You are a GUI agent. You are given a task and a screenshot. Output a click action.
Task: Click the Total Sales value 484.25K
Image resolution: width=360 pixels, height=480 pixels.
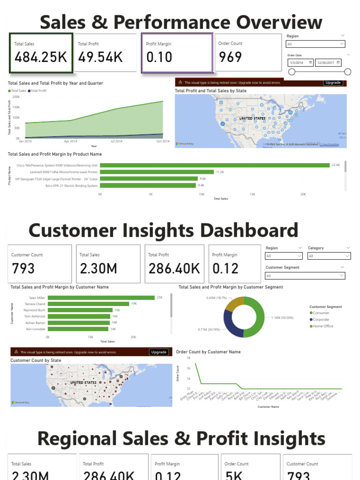[41, 57]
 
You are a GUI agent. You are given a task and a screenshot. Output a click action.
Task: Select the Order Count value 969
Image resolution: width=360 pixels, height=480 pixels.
[230, 57]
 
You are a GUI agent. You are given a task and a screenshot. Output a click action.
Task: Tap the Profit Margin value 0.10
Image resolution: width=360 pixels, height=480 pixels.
[159, 57]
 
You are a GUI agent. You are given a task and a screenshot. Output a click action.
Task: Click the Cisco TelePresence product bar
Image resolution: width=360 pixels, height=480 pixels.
[215, 165]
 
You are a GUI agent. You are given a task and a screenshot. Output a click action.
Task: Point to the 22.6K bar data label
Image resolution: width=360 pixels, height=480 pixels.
[336, 165]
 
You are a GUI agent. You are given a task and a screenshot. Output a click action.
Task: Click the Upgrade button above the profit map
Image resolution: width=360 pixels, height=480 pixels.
[333, 82]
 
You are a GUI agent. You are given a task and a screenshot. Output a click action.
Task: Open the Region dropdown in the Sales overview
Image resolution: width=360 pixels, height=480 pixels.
[315, 44]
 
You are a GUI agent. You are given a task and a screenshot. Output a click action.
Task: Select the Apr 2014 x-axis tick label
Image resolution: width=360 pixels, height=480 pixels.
[71, 141]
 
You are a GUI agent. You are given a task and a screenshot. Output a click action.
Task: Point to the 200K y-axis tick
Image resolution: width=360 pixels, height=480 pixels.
[16, 97]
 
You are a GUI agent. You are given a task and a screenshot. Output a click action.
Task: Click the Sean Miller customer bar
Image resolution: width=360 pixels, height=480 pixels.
[101, 298]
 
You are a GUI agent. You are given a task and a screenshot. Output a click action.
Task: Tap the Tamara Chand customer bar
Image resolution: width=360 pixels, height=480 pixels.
[89, 304]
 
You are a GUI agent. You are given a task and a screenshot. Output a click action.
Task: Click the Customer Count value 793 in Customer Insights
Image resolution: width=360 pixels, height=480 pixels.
[23, 269]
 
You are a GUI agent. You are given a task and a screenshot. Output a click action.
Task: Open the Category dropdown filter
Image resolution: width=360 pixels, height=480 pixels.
[329, 256]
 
